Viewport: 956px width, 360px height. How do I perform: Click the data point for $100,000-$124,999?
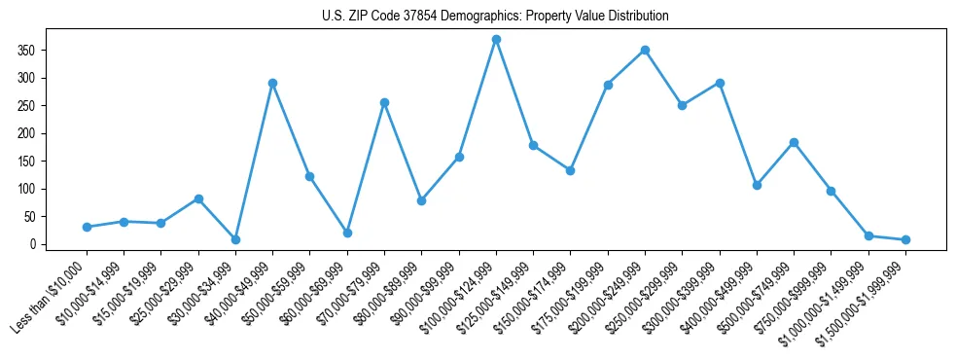[x=496, y=39]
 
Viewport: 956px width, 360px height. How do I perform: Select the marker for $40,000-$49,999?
[x=273, y=83]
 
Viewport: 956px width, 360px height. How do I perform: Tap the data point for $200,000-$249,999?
[x=645, y=50]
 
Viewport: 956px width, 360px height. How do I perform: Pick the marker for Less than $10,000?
[x=87, y=227]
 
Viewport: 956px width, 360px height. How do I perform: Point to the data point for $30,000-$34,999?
[x=235, y=239]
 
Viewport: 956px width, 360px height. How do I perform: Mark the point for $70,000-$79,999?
[x=385, y=102]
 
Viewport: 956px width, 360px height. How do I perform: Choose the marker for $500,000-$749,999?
[x=794, y=142]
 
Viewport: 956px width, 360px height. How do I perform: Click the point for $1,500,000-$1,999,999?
[x=905, y=239]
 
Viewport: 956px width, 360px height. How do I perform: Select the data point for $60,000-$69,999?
[x=347, y=233]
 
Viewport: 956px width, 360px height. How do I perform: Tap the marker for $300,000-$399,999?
[x=720, y=83]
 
